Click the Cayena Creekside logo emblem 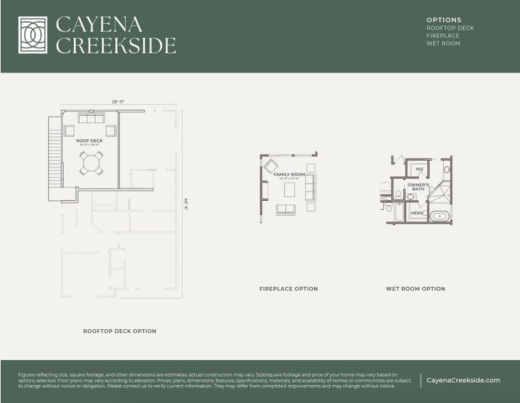[33, 35]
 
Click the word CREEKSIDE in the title [115, 46]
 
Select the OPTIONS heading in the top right [444, 20]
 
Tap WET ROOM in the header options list [444, 44]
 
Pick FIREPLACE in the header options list [443, 36]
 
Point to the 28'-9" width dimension [118, 101]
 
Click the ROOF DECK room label [89, 140]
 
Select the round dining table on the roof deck [91, 163]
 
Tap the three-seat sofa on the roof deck [91, 118]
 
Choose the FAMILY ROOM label [289, 174]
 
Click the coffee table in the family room [289, 190]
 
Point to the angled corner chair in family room [270, 166]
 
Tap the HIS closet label [419, 169]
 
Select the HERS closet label [416, 213]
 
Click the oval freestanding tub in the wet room [439, 216]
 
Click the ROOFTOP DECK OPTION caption [119, 331]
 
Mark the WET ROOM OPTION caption [415, 289]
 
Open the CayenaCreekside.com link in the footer [463, 380]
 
